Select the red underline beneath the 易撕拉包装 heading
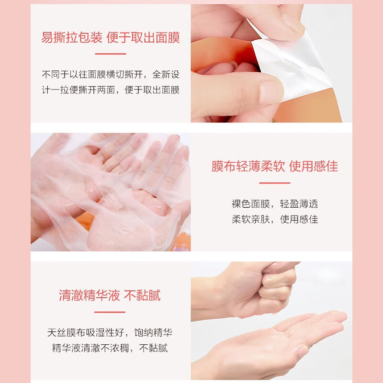pyautogui.click(x=110, y=54)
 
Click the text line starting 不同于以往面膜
pyautogui.click(x=110, y=75)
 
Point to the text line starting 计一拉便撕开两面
pyautogui.click(x=110, y=90)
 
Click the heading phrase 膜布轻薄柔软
pyautogui.click(x=248, y=166)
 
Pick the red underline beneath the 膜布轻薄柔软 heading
pyautogui.click(x=275, y=183)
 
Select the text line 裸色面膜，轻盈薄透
pyautogui.click(x=275, y=204)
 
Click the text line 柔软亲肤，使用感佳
pyautogui.click(x=275, y=219)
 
